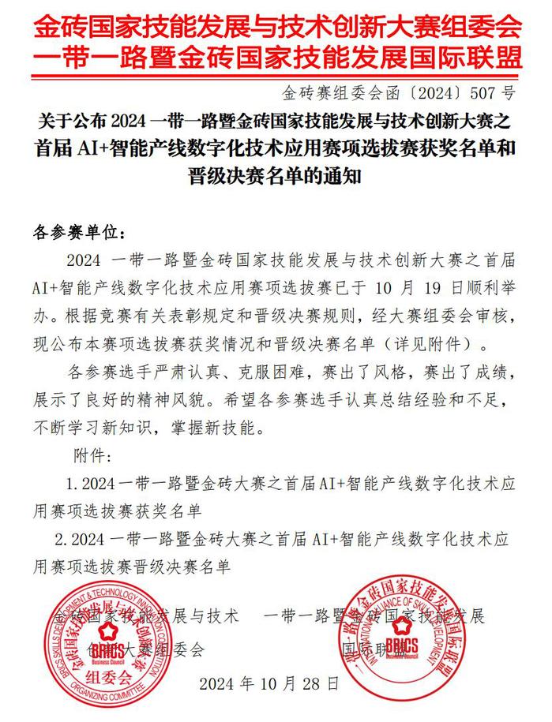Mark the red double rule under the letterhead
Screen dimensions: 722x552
[276, 77]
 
